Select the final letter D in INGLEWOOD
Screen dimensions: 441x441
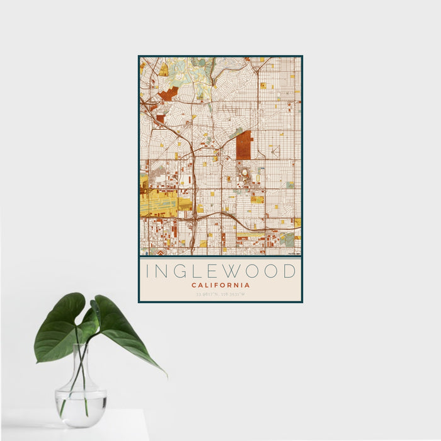tap(289, 272)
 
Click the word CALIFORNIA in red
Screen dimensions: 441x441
tap(220, 285)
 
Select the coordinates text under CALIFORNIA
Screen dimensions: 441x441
tap(220, 294)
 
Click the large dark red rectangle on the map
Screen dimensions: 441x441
tap(244, 145)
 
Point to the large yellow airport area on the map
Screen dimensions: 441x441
tap(161, 203)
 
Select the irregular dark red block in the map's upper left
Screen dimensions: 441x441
tap(168, 94)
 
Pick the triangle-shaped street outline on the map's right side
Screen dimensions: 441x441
tap(275, 151)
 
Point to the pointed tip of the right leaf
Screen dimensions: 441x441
tap(166, 375)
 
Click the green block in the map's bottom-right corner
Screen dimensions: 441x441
tap(288, 239)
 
